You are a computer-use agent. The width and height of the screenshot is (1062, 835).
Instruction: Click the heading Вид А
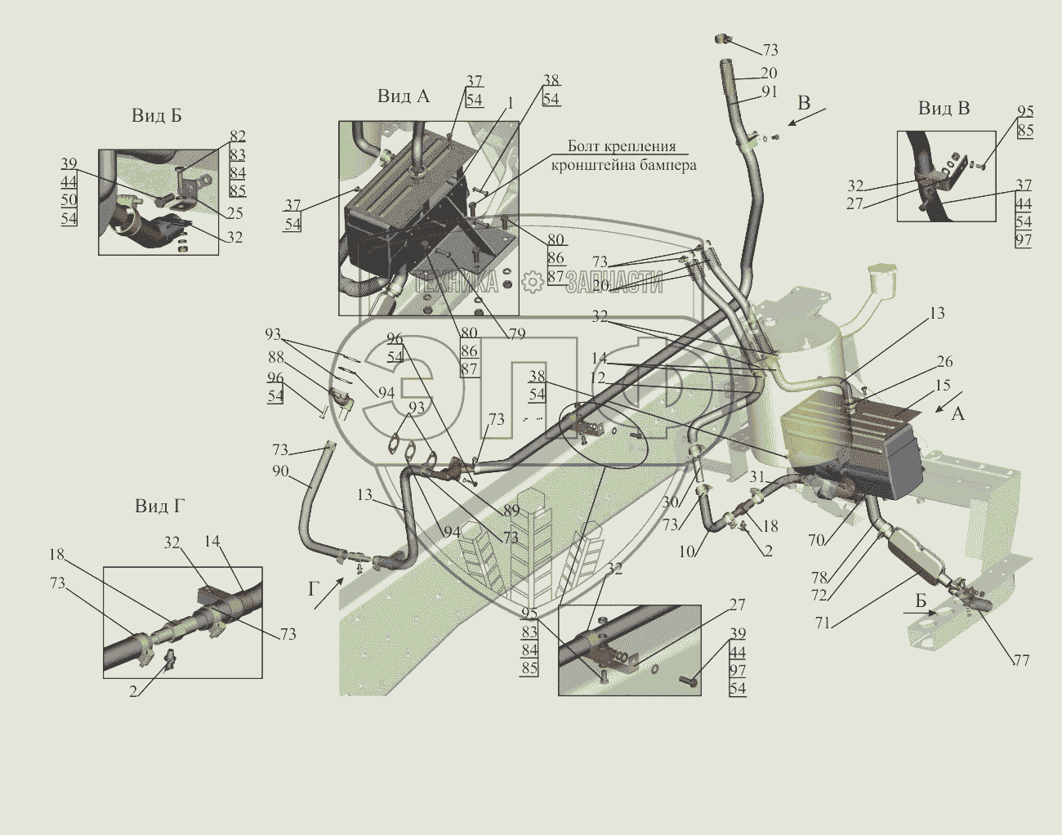click(403, 96)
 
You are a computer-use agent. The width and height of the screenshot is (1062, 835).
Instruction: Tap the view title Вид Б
click(157, 116)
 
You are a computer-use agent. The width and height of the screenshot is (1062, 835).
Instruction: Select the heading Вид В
click(944, 109)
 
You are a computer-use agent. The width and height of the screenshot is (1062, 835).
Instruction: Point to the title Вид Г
click(160, 507)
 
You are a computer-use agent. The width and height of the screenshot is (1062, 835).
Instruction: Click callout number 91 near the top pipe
click(770, 92)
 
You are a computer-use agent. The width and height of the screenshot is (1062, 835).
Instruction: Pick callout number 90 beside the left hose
click(280, 471)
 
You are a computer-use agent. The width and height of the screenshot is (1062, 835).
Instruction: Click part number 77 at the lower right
click(1021, 660)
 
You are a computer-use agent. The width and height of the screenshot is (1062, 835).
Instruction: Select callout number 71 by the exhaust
click(822, 623)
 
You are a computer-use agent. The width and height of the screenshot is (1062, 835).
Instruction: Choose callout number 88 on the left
click(275, 356)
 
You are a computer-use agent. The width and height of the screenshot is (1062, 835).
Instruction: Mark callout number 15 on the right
click(943, 385)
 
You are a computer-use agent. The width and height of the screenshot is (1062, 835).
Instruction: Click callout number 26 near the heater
click(944, 361)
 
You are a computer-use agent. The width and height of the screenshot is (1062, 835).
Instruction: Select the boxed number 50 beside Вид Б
click(69, 200)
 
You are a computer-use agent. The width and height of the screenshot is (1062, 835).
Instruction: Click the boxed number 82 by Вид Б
click(237, 136)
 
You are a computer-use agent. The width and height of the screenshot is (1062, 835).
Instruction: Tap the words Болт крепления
click(622, 146)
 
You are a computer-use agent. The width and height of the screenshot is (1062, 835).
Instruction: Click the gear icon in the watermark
click(533, 283)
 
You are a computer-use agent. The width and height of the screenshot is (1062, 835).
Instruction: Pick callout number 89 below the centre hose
click(511, 511)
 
